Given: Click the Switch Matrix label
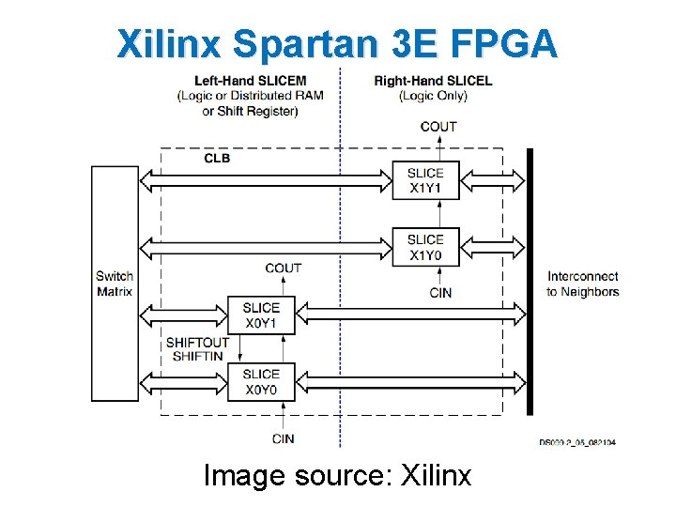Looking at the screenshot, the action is (115, 284).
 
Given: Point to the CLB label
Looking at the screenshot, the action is (217, 158).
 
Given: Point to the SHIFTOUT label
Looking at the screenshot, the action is (197, 343).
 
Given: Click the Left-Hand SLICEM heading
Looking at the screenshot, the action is (249, 81).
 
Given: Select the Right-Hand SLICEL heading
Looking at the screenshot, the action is (433, 81).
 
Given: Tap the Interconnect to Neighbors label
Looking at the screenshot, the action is (583, 284).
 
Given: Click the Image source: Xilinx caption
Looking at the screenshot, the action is (338, 476).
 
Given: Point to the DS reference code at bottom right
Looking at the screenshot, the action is (577, 441).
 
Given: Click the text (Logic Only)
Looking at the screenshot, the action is (433, 96).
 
